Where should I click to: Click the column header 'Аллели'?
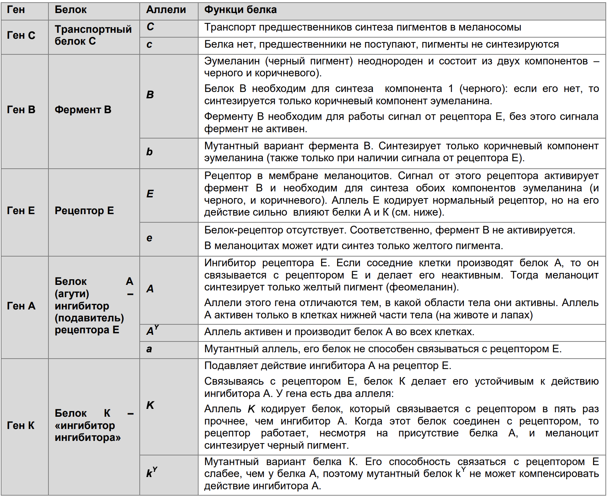166,10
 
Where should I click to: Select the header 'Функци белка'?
240,10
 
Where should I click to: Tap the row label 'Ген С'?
21,35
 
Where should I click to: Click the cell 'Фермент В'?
83,110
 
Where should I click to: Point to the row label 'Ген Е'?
21,211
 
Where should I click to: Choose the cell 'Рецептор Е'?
84,211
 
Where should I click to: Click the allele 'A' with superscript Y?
152,331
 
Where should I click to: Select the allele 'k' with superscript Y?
151,473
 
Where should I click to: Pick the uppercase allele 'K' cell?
150,405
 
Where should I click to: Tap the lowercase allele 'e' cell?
149,238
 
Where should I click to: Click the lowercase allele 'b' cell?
149,152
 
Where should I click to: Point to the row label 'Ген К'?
21,425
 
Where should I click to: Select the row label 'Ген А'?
21,306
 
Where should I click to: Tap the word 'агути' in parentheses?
72,294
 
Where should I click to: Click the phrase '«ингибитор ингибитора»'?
88,432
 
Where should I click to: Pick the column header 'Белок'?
70,10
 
